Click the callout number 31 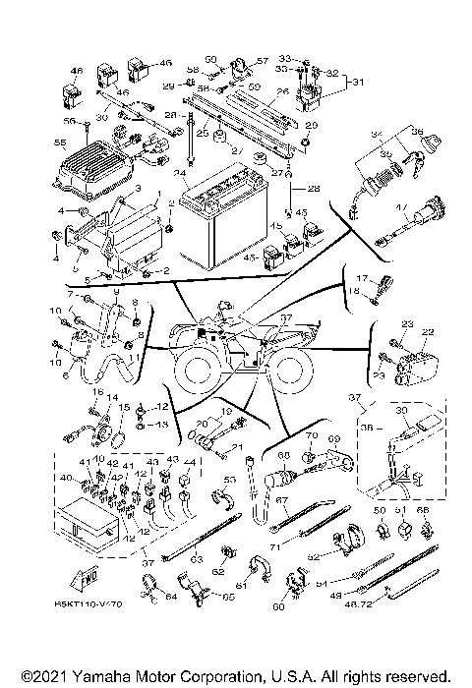(357, 82)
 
